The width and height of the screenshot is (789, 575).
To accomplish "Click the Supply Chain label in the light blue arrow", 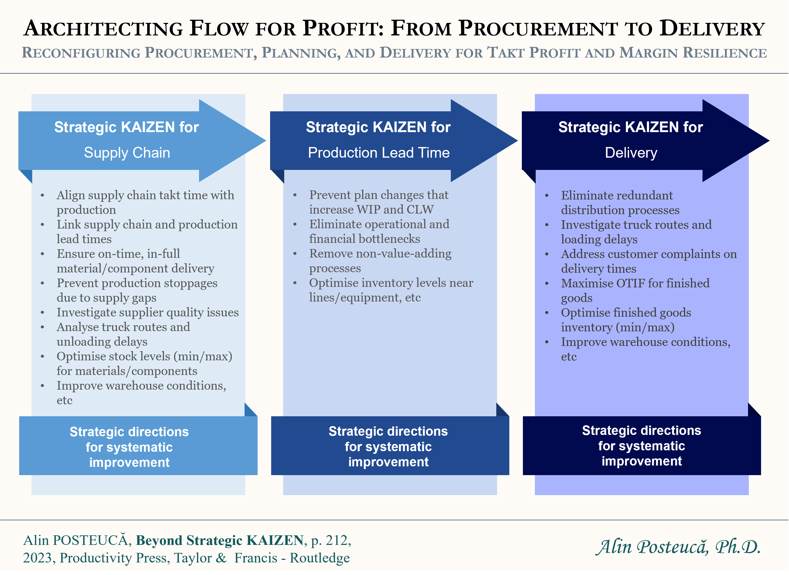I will pos(127,153).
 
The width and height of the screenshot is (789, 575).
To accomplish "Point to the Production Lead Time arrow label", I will pos(378,153).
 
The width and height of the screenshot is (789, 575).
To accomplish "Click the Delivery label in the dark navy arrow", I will pos(631,153).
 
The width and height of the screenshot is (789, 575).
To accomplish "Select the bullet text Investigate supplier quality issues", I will pos(147,312).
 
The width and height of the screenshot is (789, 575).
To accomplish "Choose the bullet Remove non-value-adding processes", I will pos(380,260).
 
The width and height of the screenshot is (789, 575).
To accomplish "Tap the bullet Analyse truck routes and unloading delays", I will pos(123,334).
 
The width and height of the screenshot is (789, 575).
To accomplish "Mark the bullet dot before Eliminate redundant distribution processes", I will pos(547,196).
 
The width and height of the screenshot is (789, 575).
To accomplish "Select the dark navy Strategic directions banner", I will pos(642,446).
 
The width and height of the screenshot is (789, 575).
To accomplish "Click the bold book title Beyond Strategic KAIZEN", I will pos(220,540).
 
